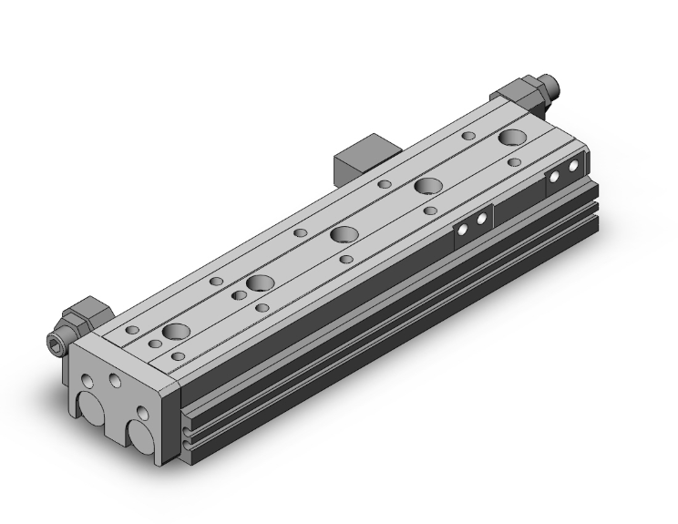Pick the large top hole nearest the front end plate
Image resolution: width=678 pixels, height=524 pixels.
point(175,331)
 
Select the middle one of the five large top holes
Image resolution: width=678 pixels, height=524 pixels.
point(344,234)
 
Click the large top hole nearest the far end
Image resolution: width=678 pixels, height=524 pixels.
point(511,139)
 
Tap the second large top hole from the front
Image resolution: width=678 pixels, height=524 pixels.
point(260,283)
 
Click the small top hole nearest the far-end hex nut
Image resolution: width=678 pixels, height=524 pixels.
point(468,136)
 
